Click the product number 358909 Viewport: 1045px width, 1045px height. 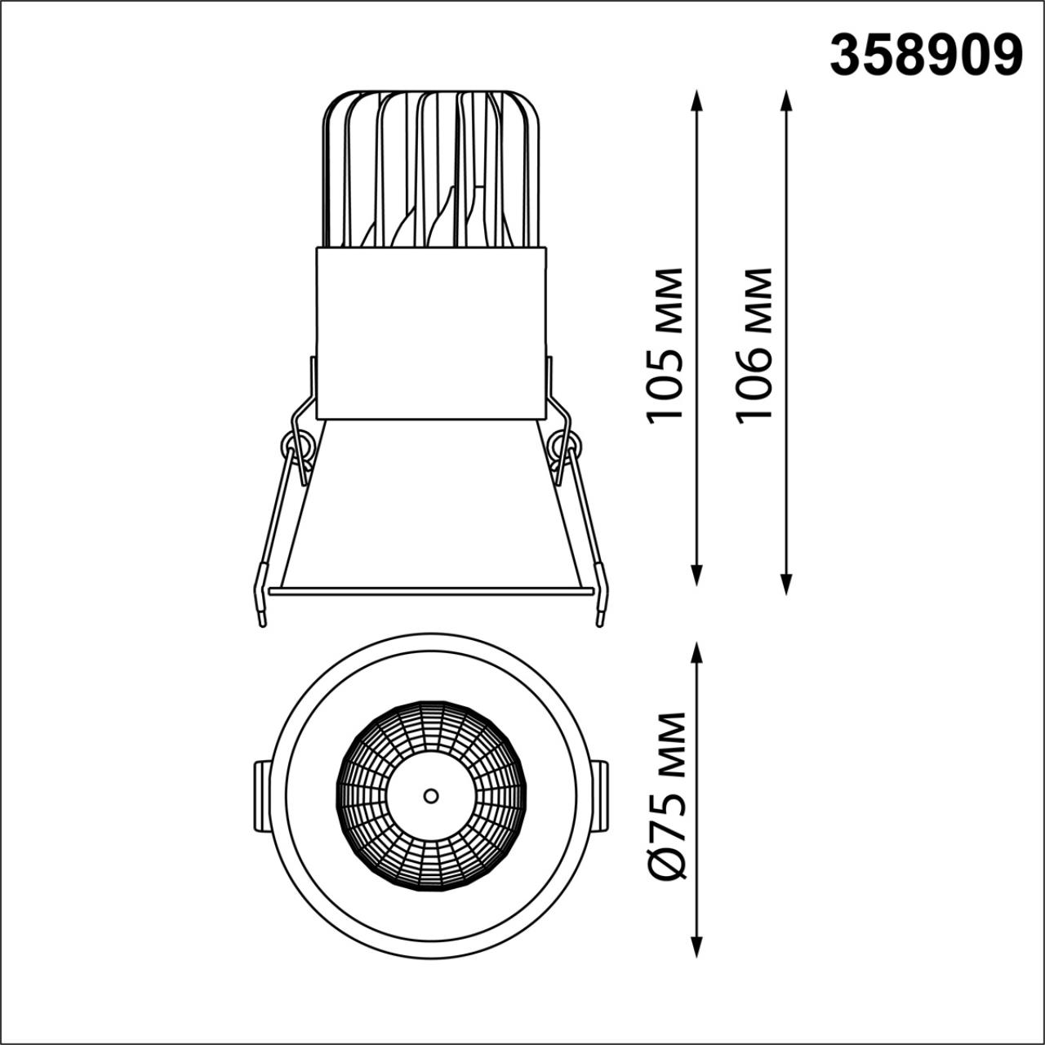(926, 55)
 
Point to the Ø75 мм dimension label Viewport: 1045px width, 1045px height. (668, 796)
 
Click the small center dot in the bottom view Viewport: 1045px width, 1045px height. (430, 794)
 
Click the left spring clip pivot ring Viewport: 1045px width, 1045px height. (297, 447)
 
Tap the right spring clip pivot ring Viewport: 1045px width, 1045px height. (565, 447)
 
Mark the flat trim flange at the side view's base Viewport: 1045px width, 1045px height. (430, 590)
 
